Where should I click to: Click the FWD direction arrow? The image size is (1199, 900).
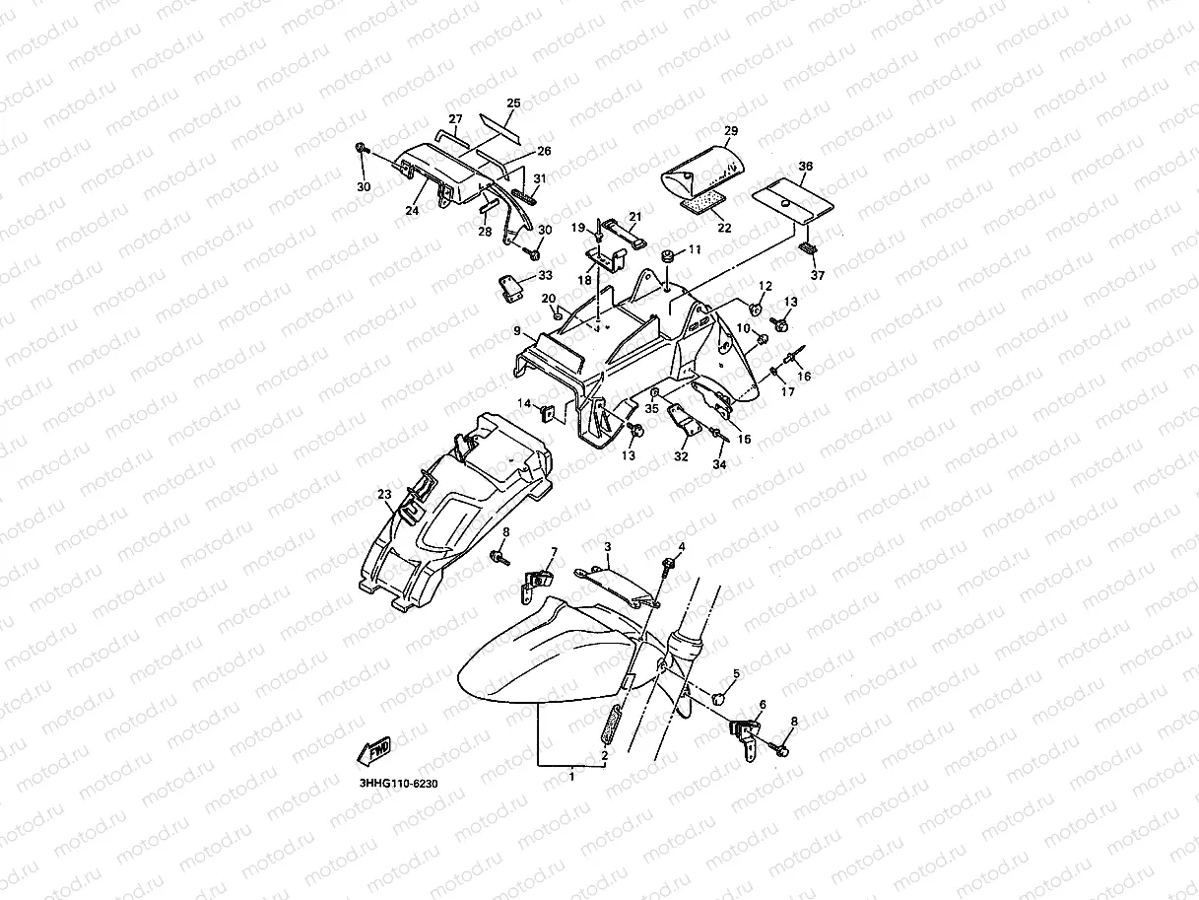(374, 751)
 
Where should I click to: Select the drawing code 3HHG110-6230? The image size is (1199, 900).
(398, 784)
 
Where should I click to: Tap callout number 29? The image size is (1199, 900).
(731, 130)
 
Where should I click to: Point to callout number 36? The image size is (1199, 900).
(806, 166)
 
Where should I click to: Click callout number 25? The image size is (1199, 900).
(513, 103)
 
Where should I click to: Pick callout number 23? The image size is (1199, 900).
(384, 494)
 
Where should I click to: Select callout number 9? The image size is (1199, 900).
(517, 331)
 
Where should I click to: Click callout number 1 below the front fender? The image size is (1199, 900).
(572, 776)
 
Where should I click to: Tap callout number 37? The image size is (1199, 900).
(817, 275)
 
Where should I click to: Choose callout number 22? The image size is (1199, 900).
(724, 228)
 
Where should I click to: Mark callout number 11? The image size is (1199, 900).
(695, 249)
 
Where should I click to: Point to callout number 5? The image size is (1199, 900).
(736, 674)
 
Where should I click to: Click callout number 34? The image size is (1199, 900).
(719, 464)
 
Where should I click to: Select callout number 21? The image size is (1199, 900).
(634, 217)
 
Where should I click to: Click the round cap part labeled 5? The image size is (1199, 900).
(718, 698)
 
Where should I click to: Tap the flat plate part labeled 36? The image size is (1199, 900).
(792, 200)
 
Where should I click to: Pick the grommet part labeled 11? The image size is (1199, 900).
(667, 256)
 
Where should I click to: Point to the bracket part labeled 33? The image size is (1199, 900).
(510, 289)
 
